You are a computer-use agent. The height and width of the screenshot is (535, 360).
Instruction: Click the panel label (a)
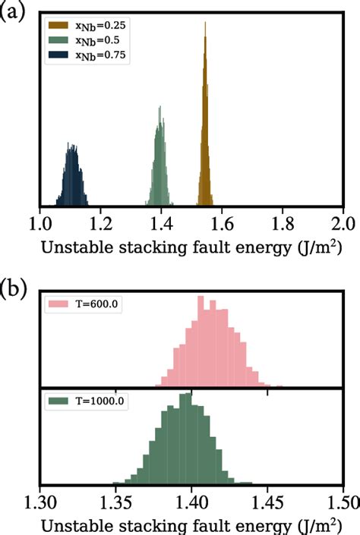pyautogui.click(x=14, y=11)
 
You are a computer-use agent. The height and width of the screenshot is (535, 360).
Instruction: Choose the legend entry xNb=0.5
pyautogui.click(x=94, y=39)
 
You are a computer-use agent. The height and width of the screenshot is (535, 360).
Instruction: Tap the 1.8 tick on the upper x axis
pyautogui.click(x=283, y=224)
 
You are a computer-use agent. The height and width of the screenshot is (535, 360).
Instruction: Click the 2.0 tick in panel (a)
pyautogui.click(x=343, y=224)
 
